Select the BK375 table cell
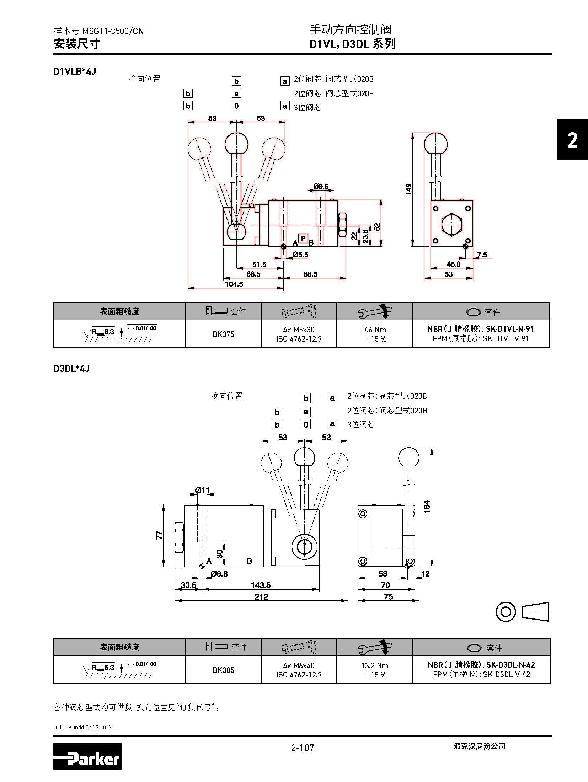pyautogui.click(x=223, y=334)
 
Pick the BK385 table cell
pyautogui.click(x=223, y=670)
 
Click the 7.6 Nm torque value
pyautogui.click(x=375, y=330)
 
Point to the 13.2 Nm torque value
pyautogui.click(x=375, y=665)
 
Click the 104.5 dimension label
pyautogui.click(x=234, y=284)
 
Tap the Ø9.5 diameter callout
pyautogui.click(x=321, y=186)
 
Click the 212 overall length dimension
pyautogui.click(x=261, y=597)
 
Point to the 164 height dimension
pyautogui.click(x=427, y=506)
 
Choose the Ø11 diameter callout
pyautogui.click(x=202, y=491)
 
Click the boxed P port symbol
pyautogui.click(x=303, y=239)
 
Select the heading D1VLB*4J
pyautogui.click(x=75, y=71)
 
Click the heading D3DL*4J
pyautogui.click(x=71, y=369)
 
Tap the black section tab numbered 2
pyautogui.click(x=572, y=140)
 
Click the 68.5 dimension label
pyautogui.click(x=310, y=274)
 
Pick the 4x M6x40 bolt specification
pyautogui.click(x=299, y=665)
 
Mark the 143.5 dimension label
pyautogui.click(x=261, y=585)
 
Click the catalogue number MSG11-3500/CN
pyautogui.click(x=113, y=31)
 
